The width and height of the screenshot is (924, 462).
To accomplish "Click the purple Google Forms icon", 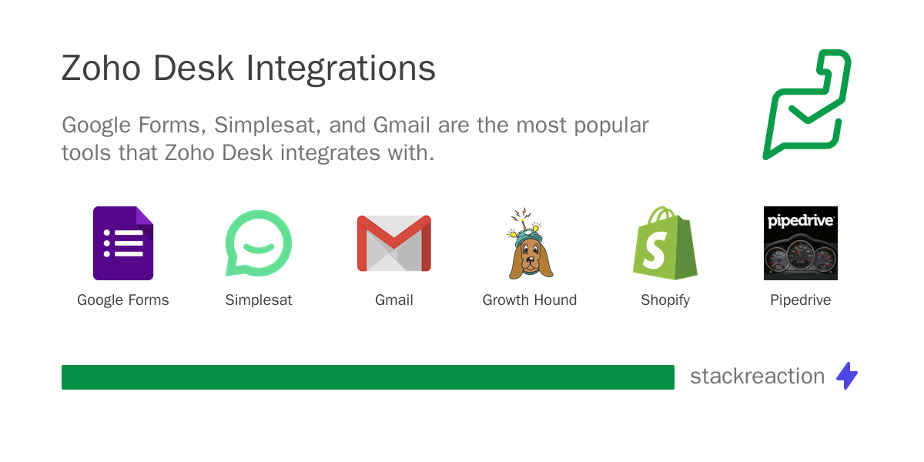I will tap(123, 243).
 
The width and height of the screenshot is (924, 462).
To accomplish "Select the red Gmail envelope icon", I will tap(394, 243).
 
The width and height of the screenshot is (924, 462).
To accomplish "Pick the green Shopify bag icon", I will tap(665, 243).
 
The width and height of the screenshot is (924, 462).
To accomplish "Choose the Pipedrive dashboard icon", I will tap(801, 243).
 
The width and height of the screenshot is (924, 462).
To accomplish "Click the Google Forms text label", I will tap(123, 300).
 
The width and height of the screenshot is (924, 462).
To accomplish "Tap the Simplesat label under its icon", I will tap(259, 300).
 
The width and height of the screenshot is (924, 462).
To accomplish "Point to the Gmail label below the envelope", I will tap(394, 300).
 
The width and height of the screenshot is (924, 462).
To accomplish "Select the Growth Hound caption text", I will tap(530, 300).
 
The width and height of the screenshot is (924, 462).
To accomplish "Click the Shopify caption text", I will tap(665, 300).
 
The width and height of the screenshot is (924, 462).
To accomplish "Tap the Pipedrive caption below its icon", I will tap(801, 300).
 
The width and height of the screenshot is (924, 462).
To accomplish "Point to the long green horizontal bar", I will tap(368, 377).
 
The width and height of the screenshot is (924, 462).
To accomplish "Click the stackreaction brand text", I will tap(757, 377).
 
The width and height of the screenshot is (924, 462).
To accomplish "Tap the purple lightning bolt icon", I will tap(847, 376).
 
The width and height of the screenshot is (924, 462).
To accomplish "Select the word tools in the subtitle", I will tap(86, 152).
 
